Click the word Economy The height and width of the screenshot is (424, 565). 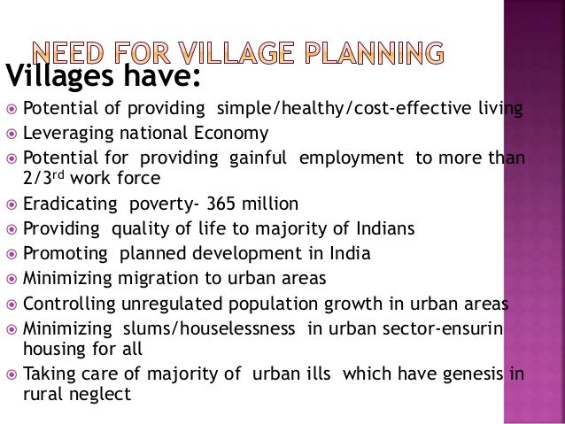pos(230,134)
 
